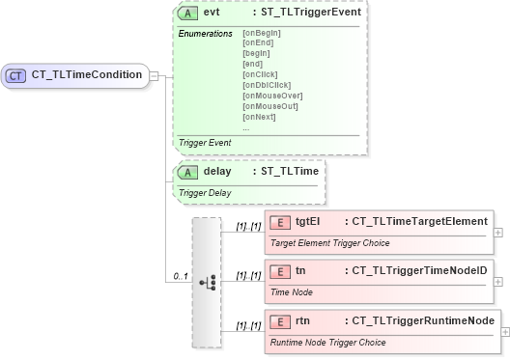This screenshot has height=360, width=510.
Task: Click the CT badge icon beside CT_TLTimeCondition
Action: [16, 74]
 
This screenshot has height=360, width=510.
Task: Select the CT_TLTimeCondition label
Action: [87, 74]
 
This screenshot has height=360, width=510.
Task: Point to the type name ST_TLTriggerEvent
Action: [306, 13]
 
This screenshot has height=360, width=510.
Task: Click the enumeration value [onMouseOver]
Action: [272, 96]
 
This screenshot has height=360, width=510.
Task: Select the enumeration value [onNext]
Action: [259, 117]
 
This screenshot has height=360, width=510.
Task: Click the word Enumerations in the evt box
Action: [206, 34]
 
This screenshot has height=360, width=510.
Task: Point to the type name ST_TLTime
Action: [290, 171]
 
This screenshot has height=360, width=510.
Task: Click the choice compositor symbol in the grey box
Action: [207, 282]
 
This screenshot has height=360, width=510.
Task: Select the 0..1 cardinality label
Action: [179, 277]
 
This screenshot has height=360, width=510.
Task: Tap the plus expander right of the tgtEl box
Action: [497, 233]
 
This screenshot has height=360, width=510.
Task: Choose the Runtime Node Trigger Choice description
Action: [326, 342]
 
